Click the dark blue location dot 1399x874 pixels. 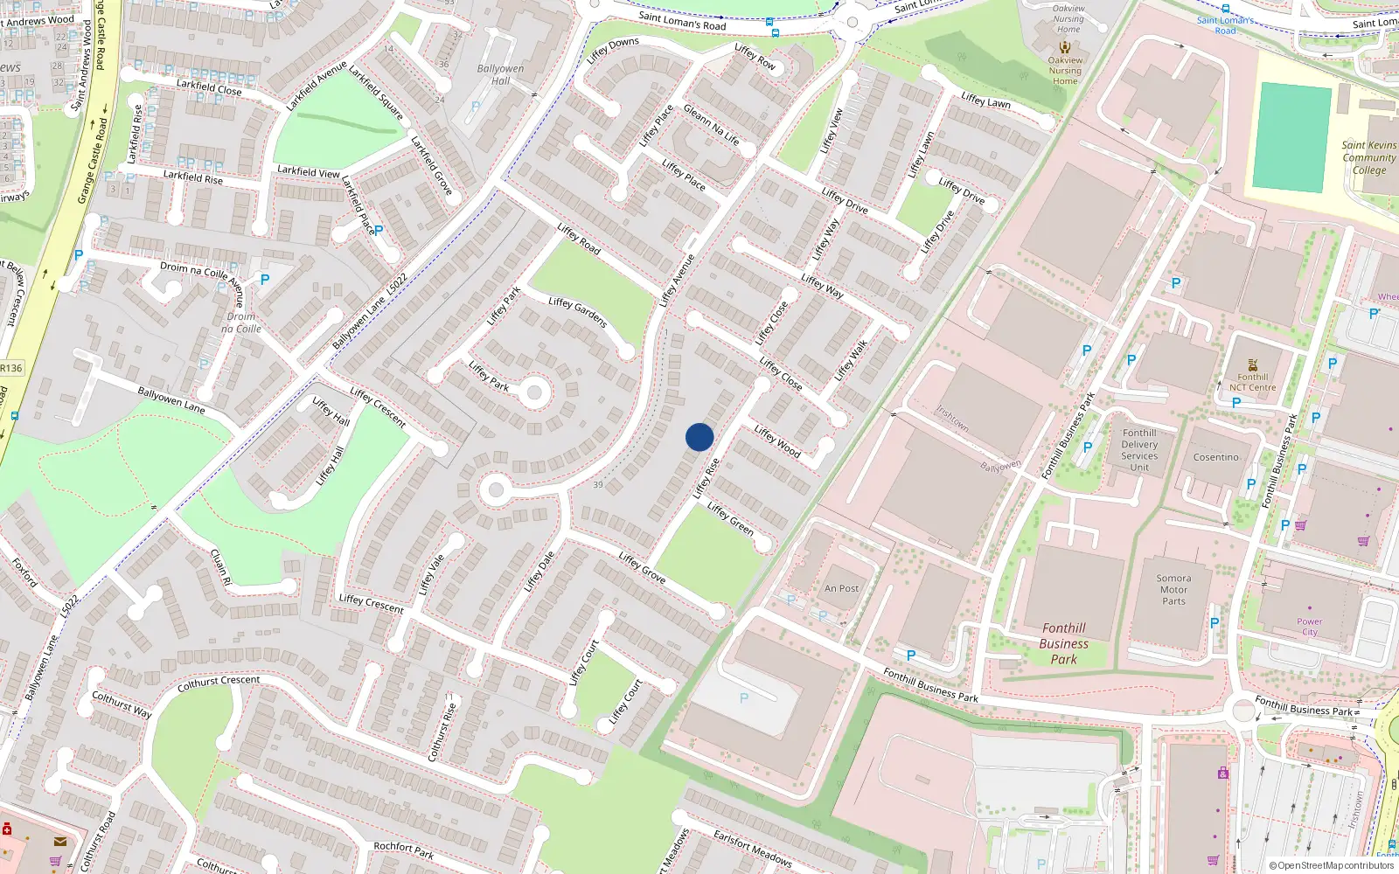(x=699, y=437)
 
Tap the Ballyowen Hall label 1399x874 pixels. (x=500, y=74)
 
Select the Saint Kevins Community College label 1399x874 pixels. (x=1369, y=157)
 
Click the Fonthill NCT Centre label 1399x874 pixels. (x=1253, y=382)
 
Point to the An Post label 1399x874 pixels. (x=841, y=588)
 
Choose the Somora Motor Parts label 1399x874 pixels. (x=1173, y=589)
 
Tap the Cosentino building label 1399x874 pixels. (x=1215, y=457)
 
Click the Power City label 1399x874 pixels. (x=1309, y=627)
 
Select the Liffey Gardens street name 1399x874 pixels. (x=577, y=312)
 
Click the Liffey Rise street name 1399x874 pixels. (x=706, y=478)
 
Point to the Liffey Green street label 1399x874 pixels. (x=730, y=518)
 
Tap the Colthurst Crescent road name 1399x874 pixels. (x=219, y=683)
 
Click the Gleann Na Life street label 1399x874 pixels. (x=711, y=125)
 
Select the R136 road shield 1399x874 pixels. (x=11, y=368)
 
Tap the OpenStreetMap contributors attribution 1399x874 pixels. (x=1332, y=865)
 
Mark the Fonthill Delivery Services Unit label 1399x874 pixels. (x=1139, y=450)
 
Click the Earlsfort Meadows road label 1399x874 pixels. (x=752, y=848)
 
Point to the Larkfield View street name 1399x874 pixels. (x=308, y=171)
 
